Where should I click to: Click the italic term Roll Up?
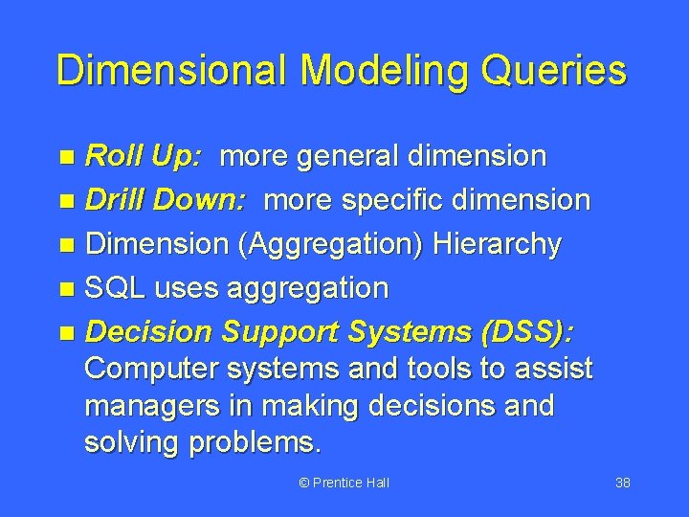pos(144,156)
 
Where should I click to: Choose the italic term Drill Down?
pos(167,200)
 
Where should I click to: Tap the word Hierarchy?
pos(498,244)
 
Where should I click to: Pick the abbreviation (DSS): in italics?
pos(526,331)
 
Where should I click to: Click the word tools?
pos(422,369)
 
